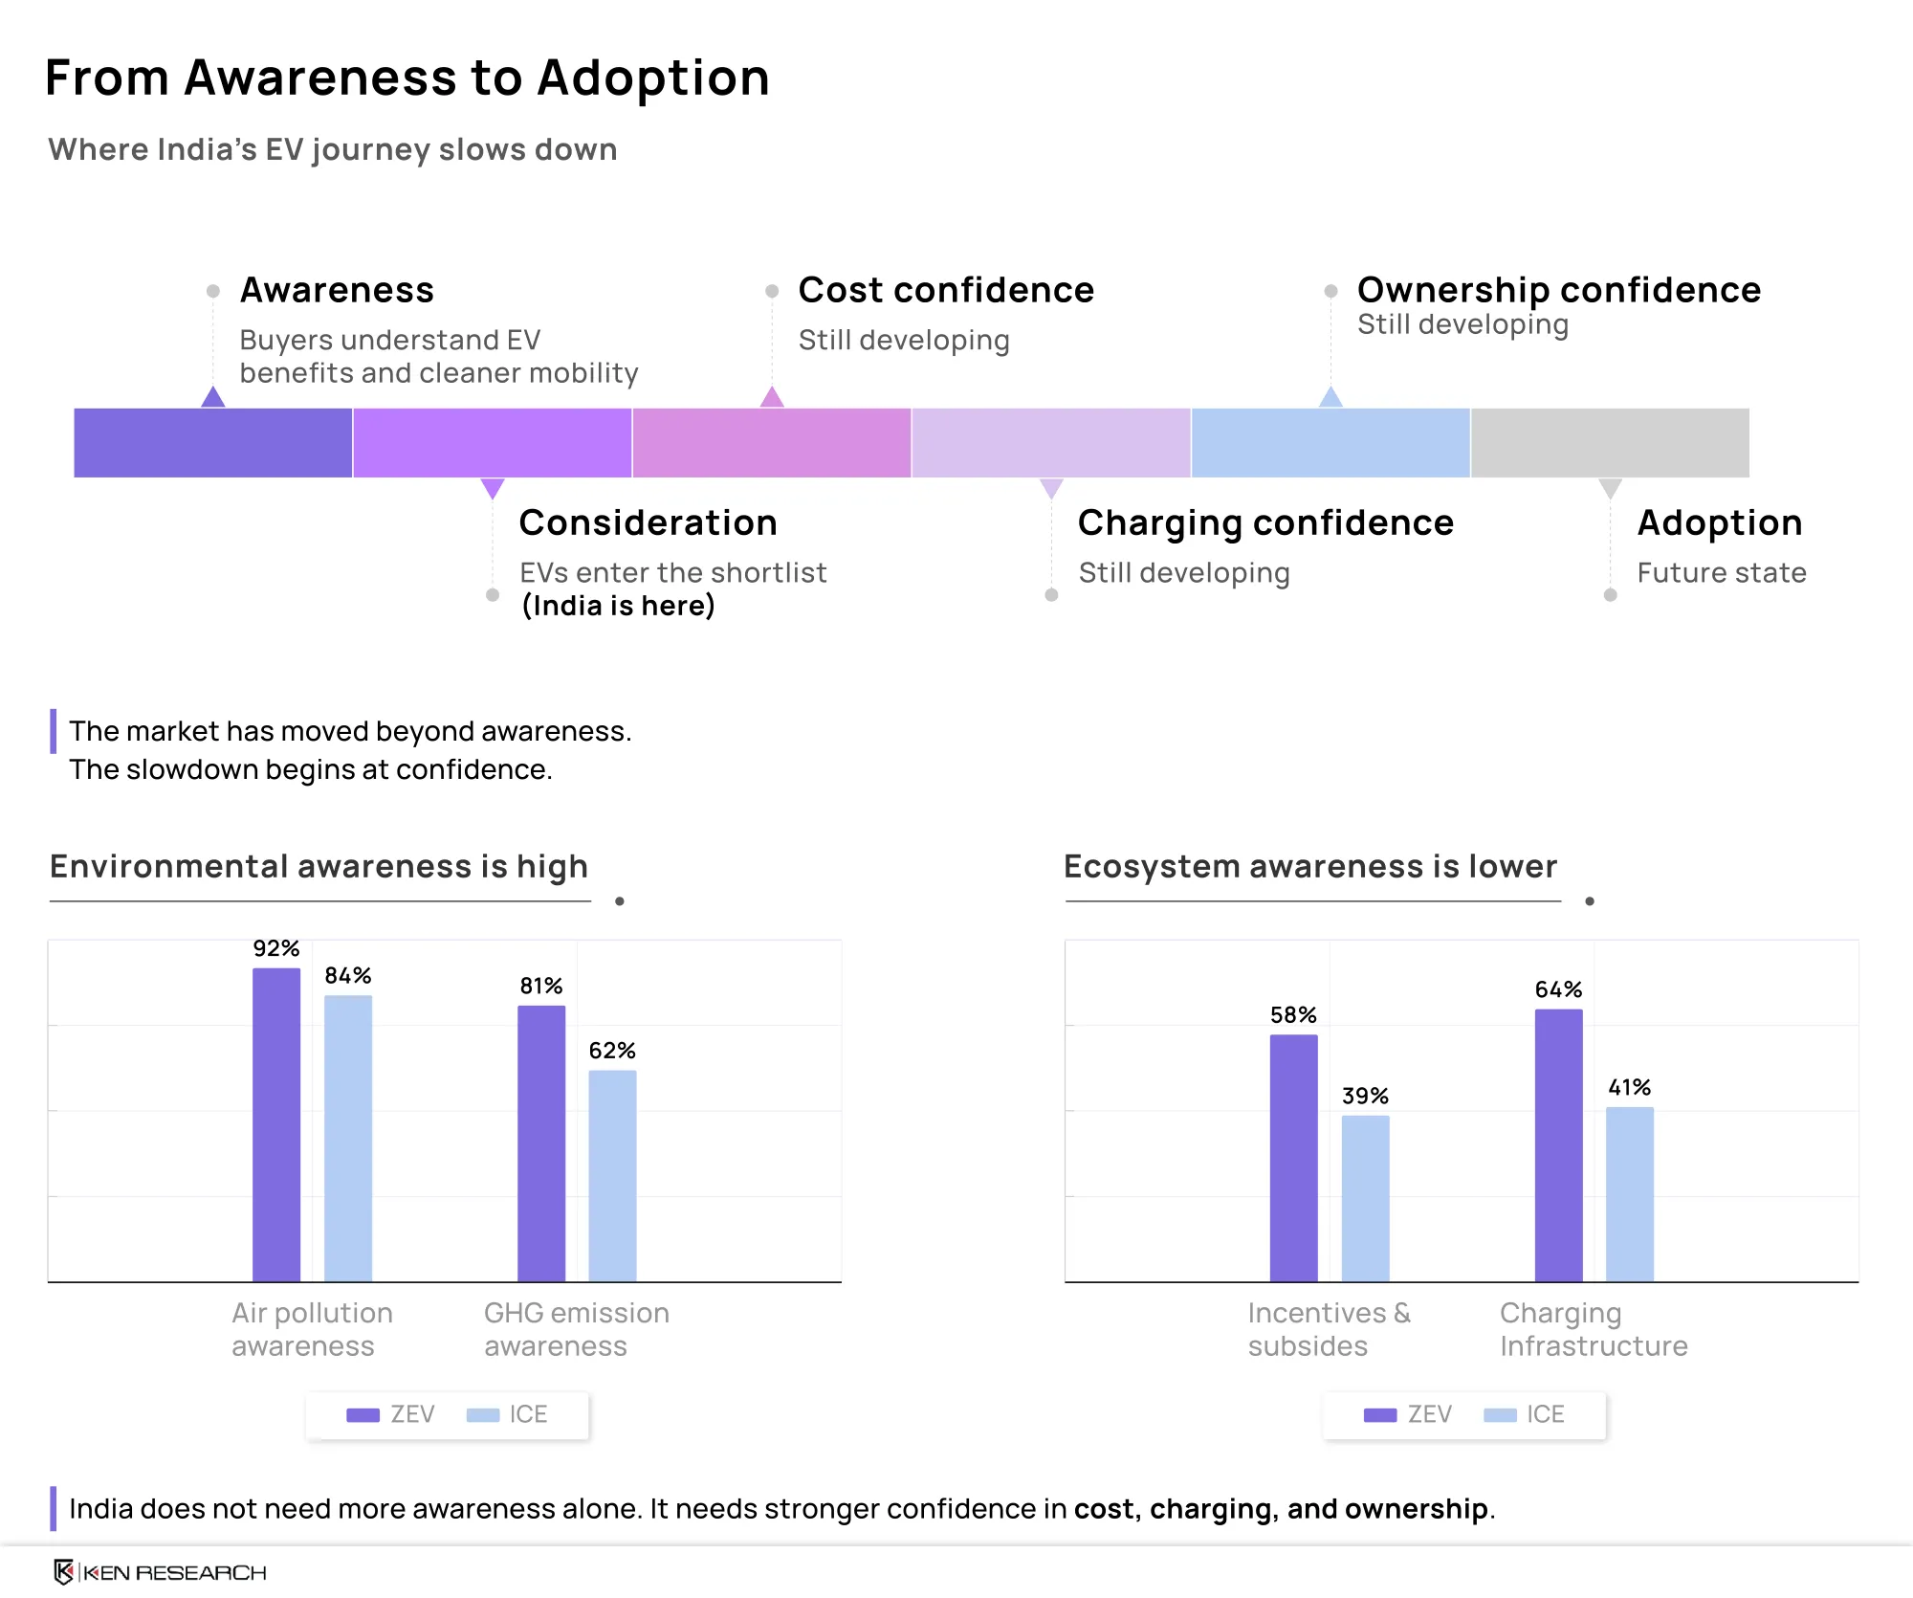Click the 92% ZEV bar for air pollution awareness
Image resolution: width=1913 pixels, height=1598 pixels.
coord(276,1124)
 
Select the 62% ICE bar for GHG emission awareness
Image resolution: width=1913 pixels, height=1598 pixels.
coord(612,1175)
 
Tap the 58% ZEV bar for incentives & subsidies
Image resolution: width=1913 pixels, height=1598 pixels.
coord(1293,1158)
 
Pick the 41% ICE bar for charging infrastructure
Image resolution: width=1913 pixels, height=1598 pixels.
coord(1630,1194)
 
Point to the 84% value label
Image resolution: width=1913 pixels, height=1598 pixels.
coord(348,975)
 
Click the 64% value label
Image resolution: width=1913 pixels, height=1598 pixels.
coord(1559,989)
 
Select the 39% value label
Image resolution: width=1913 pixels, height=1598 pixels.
coord(1365,1096)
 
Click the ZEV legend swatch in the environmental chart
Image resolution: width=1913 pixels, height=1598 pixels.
coord(363,1415)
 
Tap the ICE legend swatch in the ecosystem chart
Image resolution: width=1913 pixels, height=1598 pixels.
coord(1500,1415)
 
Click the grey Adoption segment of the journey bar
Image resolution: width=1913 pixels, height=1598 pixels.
coord(1611,443)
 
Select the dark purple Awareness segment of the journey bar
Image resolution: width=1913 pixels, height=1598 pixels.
coord(213,443)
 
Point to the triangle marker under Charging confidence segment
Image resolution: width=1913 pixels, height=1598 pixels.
coord(1051,488)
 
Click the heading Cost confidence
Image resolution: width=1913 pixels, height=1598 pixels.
coord(946,290)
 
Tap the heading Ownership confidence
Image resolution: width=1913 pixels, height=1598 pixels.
coord(1559,290)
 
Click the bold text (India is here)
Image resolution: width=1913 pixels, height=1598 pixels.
coord(618,606)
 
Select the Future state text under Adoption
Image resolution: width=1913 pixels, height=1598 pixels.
coord(1722,572)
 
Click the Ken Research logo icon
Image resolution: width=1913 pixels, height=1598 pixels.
coord(64,1571)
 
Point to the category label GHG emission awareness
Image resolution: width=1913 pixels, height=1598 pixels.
coord(577,1329)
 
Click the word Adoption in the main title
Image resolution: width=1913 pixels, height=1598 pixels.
coord(653,78)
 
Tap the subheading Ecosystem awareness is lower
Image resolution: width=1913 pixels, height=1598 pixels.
coord(1310,866)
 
